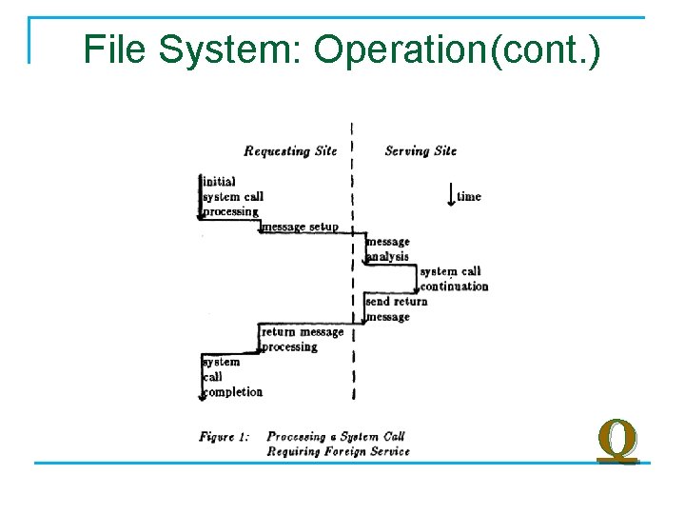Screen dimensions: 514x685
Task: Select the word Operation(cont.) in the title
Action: [x=458, y=49]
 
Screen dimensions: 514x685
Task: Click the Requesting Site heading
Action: [x=290, y=150]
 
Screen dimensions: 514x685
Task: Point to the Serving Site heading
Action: [x=421, y=150]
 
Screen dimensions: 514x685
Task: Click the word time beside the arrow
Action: [x=469, y=197]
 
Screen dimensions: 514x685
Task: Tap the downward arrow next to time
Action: [x=451, y=195]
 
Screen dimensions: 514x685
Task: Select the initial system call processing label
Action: [x=232, y=196]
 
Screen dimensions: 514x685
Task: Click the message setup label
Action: [x=300, y=227]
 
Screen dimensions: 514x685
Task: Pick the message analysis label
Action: [x=388, y=249]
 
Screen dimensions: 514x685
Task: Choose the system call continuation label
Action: [x=454, y=279]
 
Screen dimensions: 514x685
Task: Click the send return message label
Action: [x=396, y=309]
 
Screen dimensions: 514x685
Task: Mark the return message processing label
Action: [x=302, y=340]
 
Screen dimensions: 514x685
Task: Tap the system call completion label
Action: [x=232, y=377]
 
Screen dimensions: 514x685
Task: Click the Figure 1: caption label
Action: [x=225, y=437]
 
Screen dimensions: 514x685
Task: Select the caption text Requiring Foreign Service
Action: [x=338, y=451]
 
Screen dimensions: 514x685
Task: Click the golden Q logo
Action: [x=616, y=442]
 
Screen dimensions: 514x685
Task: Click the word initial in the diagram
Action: [x=220, y=181]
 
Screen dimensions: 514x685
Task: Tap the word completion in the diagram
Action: [x=234, y=392]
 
